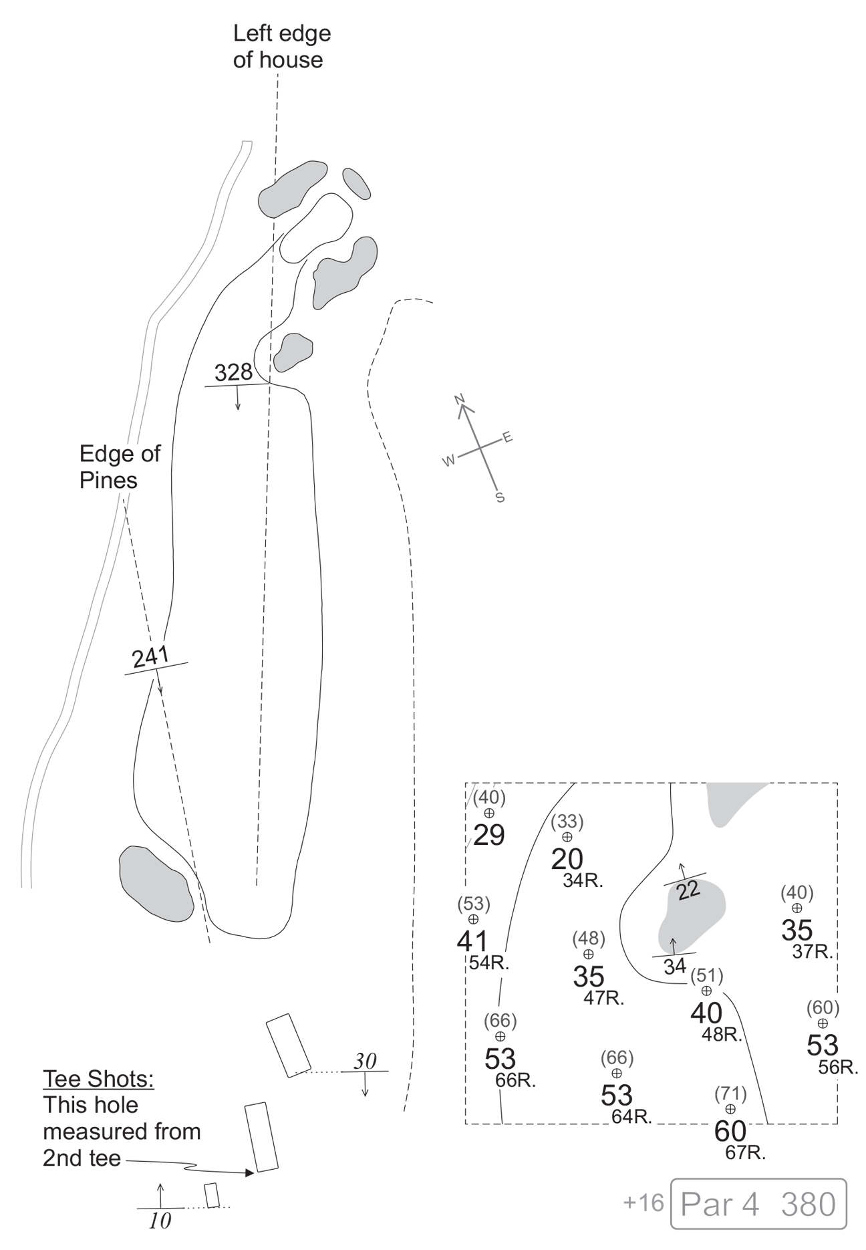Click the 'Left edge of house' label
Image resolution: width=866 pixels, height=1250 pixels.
281,46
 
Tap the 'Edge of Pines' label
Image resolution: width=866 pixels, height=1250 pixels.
120,467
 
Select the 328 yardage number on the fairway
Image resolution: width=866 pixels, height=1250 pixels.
233,372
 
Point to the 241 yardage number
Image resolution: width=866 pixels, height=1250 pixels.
150,658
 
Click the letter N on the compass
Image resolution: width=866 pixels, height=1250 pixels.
459,400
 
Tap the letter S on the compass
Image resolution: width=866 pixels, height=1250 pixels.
499,498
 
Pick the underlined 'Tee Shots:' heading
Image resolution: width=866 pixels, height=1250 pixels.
98,1078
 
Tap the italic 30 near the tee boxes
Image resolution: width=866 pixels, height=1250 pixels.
365,1061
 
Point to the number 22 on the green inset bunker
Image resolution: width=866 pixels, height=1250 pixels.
688,890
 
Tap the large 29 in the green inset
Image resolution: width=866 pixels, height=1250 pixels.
488,835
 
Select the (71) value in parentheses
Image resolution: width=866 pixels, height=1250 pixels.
730,1094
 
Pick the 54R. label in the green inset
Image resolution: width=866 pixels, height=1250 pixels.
490,963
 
